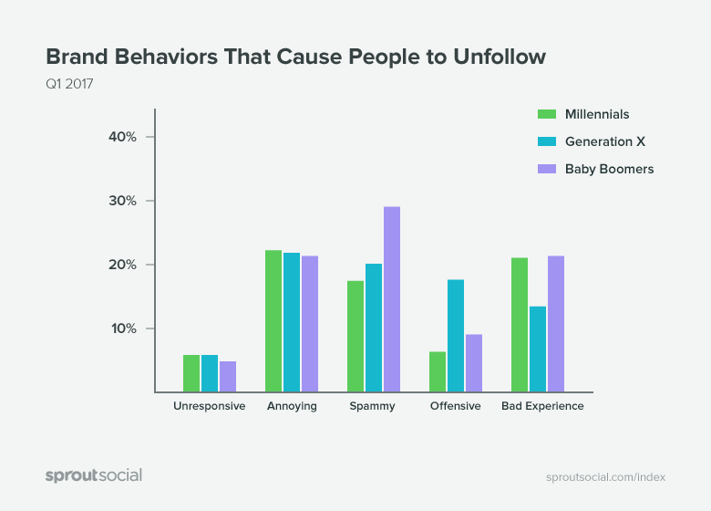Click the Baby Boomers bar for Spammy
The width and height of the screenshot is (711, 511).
392,299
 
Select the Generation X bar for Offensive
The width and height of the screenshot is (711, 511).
456,336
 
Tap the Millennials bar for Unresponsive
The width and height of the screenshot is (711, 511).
191,373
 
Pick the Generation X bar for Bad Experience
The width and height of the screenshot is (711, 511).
538,349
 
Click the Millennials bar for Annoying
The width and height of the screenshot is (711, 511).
273,320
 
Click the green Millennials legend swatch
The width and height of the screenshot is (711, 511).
547,114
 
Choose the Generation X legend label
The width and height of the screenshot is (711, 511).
598,141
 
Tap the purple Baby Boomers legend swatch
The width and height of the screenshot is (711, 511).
547,169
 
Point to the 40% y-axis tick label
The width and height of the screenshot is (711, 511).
122,137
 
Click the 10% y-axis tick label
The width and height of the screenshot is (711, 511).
123,328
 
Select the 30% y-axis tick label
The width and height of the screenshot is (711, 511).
122,201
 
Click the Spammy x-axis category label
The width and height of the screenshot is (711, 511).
374,406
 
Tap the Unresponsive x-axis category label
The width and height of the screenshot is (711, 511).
210,406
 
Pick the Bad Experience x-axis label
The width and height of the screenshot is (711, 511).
542,406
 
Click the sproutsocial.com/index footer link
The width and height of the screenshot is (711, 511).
605,477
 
